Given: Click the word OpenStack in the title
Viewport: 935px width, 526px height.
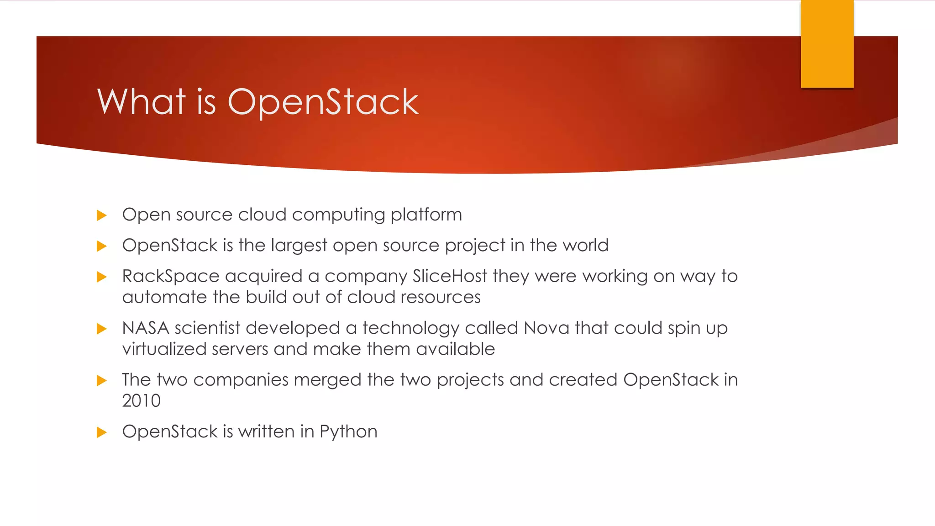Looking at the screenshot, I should (x=323, y=102).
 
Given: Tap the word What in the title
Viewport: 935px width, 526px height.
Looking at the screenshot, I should (x=142, y=101).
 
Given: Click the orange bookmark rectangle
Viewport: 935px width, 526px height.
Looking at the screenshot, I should (x=827, y=43).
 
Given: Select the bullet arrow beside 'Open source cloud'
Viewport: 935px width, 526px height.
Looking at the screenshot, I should (x=101, y=216).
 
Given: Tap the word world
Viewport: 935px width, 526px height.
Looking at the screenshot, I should (x=585, y=245).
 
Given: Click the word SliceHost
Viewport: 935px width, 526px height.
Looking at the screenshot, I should (x=450, y=276).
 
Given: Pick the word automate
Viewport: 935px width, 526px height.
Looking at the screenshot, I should (x=165, y=297).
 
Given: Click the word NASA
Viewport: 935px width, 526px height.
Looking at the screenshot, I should (x=146, y=328).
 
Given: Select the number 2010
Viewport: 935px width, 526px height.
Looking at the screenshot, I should (x=141, y=401).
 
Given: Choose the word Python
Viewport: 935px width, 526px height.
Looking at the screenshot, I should (x=348, y=432).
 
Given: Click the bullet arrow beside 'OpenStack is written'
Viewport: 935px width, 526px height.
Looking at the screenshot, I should (x=101, y=432).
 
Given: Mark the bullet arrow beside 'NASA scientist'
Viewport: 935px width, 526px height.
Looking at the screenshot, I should (x=101, y=329).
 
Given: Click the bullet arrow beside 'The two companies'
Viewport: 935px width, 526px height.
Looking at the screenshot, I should (x=101, y=380).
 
